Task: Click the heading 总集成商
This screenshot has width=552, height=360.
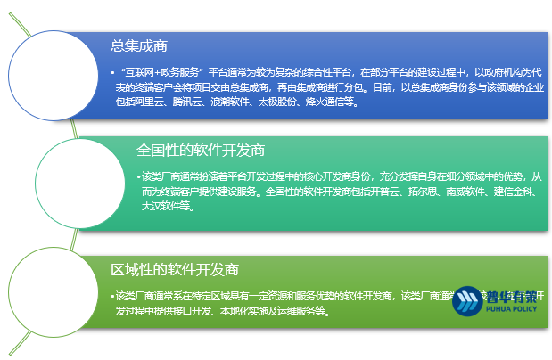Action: (139, 45)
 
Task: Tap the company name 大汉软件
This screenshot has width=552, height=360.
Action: (162, 206)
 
